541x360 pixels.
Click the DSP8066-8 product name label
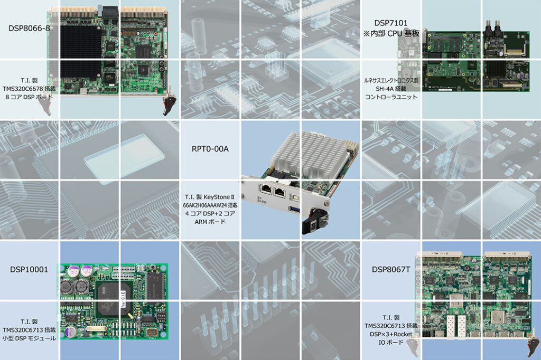point(29,29)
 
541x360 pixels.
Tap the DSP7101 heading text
point(391,23)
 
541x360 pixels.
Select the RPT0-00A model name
point(210,149)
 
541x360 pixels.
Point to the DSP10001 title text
point(29,270)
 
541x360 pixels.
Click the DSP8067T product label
point(391,270)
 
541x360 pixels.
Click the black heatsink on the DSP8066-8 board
point(81,55)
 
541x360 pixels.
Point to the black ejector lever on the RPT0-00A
point(313,221)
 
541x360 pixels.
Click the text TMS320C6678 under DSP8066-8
point(23,89)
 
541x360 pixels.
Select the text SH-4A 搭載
point(391,89)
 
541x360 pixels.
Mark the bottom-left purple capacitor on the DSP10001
point(71,331)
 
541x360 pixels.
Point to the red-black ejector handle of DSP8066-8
point(169,105)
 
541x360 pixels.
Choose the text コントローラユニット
point(391,97)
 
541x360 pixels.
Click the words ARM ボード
point(210,222)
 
